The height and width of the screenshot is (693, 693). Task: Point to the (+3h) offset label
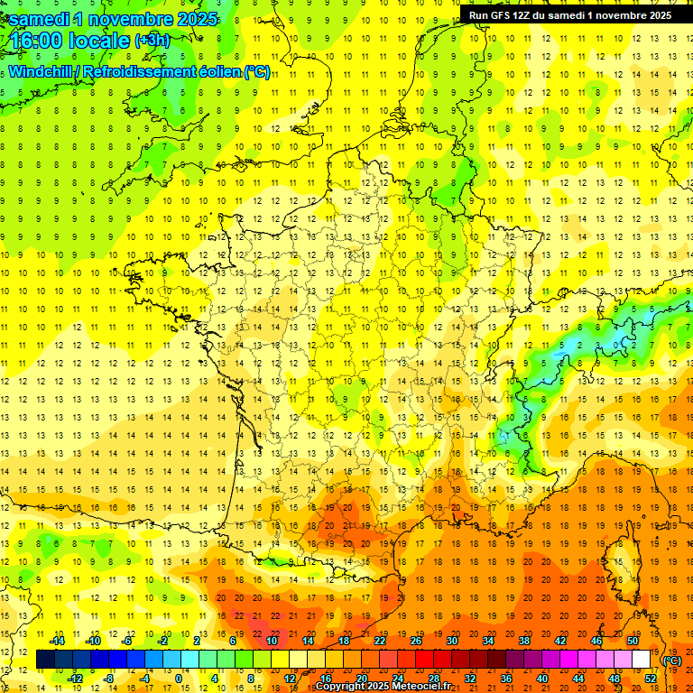[152, 42]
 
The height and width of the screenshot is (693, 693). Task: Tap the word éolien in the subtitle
[221, 72]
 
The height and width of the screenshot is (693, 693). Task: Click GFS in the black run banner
[503, 15]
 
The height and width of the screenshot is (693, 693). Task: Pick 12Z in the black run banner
[527, 15]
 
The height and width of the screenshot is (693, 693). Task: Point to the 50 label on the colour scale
[632, 641]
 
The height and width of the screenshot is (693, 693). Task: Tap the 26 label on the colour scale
[416, 641]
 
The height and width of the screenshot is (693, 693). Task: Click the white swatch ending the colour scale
[642, 660]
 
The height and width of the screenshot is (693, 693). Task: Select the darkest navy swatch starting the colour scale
[45, 660]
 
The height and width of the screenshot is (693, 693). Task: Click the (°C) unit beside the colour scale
[672, 660]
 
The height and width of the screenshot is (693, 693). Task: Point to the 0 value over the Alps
[617, 344]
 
